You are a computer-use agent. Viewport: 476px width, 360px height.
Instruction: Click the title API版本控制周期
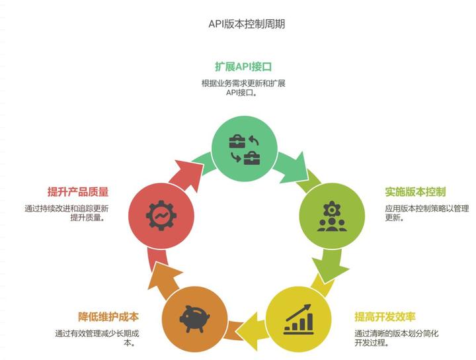[247, 24]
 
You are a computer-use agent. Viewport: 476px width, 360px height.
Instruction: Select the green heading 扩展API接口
[243, 67]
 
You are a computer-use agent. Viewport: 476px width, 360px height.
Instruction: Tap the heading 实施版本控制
[415, 192]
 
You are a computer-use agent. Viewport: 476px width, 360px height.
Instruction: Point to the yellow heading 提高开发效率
[385, 317]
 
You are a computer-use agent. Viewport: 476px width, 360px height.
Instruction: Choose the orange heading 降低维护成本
[108, 317]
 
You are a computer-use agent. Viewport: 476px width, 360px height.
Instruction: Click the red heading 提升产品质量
[78, 192]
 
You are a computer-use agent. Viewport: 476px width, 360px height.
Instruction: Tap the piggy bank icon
[194, 319]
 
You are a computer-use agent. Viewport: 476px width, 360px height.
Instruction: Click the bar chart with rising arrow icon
[298, 319]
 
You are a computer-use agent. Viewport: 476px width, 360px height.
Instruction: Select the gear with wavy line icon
[161, 216]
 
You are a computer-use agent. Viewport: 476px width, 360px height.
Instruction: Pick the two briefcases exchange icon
[245, 149]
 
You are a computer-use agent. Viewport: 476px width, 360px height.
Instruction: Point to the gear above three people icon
[332, 216]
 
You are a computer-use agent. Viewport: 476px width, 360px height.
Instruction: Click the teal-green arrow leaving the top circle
[293, 167]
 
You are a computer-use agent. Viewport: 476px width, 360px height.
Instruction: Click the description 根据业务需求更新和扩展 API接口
[243, 88]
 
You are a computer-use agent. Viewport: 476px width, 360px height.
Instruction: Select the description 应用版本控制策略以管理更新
[427, 213]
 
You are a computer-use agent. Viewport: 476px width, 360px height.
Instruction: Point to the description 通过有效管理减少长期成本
[97, 338]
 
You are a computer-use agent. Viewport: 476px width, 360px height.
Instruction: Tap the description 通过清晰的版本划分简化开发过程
[397, 338]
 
